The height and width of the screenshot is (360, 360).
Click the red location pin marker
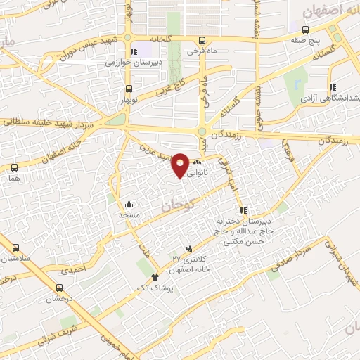(181, 165)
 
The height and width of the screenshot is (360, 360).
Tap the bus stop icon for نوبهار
(129, 89)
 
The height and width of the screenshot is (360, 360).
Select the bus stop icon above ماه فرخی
(202, 40)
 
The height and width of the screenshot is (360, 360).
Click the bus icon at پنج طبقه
(305, 30)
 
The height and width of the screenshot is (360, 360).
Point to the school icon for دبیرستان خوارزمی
(134, 51)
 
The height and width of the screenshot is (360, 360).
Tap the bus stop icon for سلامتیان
(15, 247)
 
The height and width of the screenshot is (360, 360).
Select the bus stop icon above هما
(14, 167)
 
